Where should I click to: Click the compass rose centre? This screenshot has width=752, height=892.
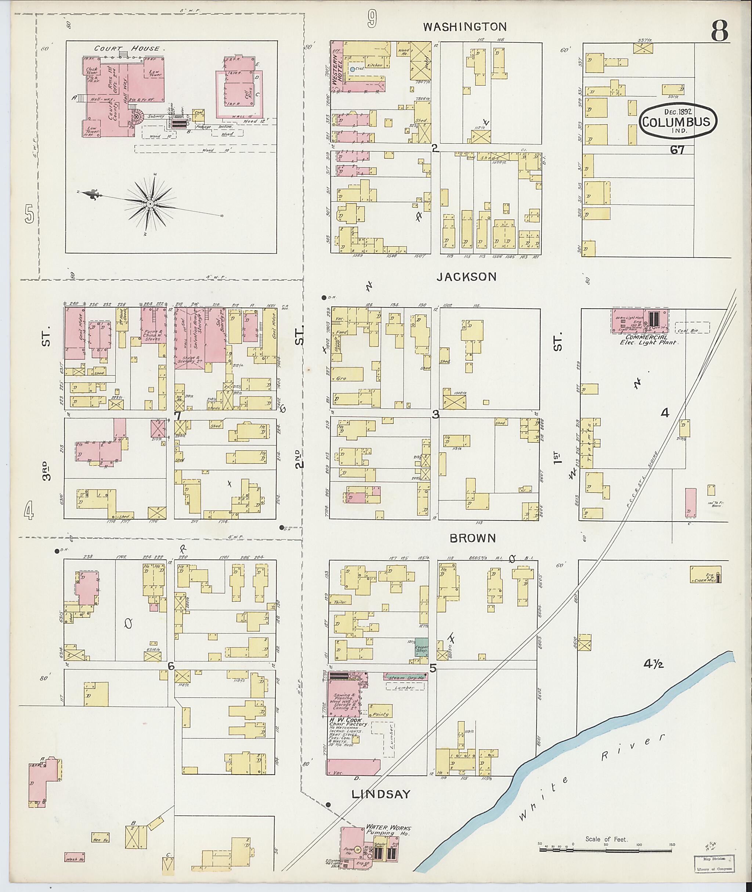(150, 204)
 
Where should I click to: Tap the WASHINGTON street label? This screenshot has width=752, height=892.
(464, 27)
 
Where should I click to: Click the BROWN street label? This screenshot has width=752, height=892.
(473, 538)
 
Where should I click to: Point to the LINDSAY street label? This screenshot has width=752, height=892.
(381, 794)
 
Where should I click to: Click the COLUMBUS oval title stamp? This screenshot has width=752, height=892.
(678, 121)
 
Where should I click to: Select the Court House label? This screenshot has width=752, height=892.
(127, 48)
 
